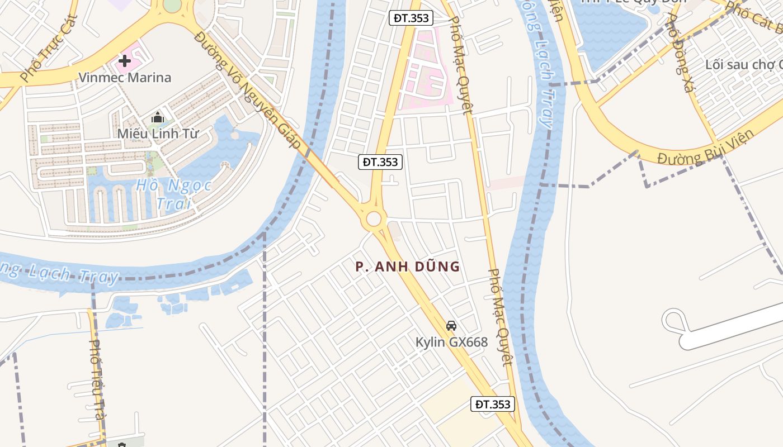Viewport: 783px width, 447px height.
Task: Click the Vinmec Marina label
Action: click(125, 77)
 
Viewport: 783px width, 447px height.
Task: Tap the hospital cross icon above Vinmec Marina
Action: click(125, 60)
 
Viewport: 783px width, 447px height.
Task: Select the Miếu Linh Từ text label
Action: click(158, 134)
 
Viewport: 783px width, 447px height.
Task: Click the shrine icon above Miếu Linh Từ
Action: click(158, 118)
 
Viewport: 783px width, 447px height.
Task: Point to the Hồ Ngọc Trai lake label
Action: click(173, 193)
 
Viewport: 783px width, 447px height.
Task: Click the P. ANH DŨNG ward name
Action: click(408, 267)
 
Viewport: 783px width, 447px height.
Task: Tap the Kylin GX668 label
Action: click(451, 342)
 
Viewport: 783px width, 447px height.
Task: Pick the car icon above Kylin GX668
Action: click(451, 325)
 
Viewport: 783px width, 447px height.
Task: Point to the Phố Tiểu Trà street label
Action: click(97, 380)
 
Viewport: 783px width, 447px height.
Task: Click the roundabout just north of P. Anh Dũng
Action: click(374, 218)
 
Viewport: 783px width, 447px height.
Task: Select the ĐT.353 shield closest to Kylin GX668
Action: click(492, 404)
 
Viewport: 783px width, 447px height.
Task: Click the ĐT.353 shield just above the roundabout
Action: click(380, 162)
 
